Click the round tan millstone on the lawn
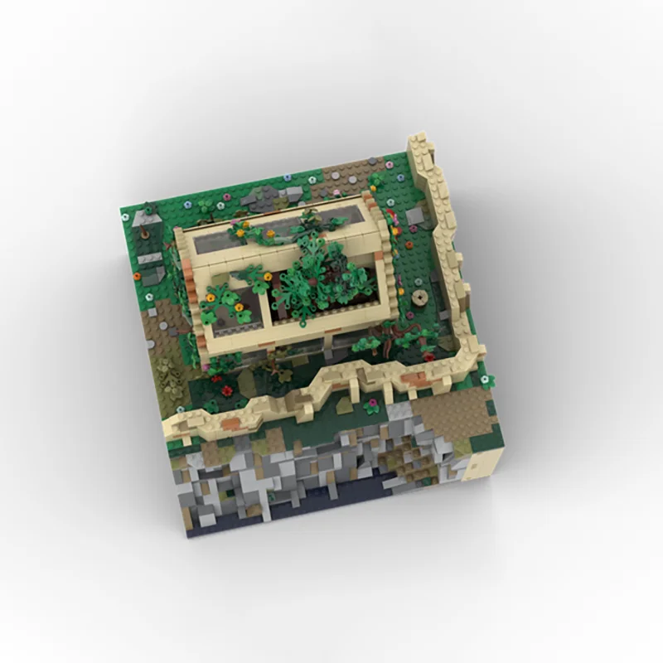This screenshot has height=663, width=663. click(x=417, y=296)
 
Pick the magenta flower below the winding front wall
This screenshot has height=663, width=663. click(x=372, y=407)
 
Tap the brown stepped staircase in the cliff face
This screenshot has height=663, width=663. click(x=406, y=464)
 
